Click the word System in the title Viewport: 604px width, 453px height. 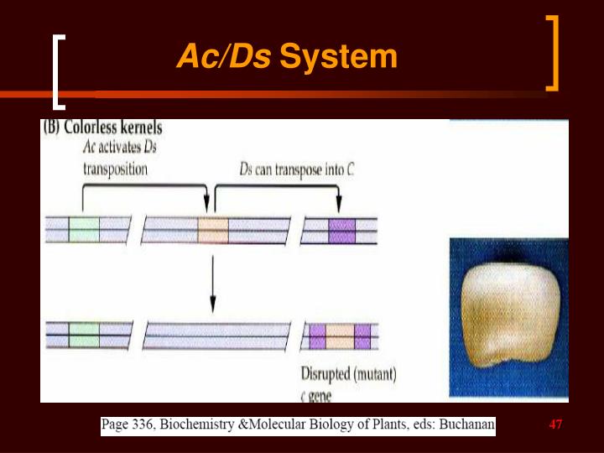(338, 57)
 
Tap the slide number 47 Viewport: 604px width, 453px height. (555, 425)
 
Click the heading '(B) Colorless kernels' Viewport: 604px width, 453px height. (102, 128)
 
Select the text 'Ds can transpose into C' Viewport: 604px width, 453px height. (297, 169)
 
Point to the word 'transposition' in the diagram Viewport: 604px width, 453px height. (115, 169)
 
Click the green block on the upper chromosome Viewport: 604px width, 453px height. (84, 229)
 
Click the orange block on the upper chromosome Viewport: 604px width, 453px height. (213, 229)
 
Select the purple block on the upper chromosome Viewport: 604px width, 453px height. (341, 229)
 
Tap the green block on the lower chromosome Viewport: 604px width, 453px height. (84, 335)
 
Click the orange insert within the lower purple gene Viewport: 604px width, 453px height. (340, 336)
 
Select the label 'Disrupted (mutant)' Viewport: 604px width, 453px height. (348, 372)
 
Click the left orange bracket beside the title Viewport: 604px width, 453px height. (57, 71)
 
